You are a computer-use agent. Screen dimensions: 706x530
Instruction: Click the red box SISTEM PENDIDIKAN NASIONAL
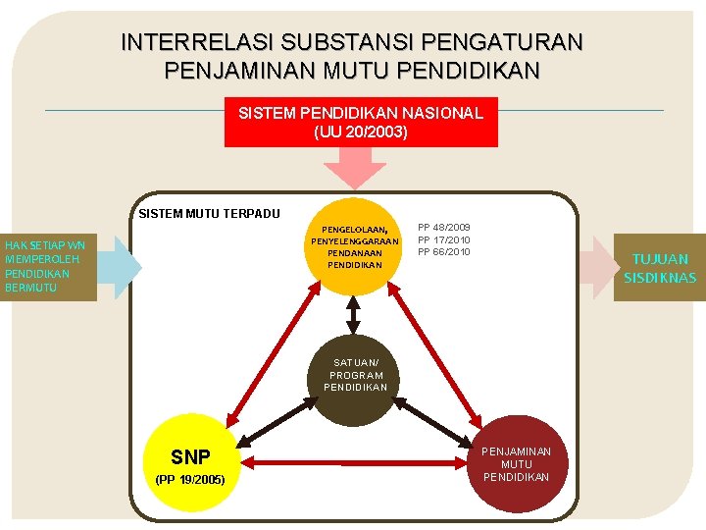(360, 122)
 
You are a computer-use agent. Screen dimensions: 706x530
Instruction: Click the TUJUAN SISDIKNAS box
(659, 268)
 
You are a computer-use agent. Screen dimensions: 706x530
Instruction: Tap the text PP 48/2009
(443, 228)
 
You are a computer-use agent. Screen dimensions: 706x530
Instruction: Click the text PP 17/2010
(443, 239)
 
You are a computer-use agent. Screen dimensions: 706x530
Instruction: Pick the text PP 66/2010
(443, 252)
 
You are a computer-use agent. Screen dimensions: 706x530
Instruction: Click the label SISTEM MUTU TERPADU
(209, 214)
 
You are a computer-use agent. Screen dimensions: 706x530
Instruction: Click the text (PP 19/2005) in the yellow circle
(190, 480)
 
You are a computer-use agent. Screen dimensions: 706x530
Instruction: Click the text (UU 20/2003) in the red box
(360, 131)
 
